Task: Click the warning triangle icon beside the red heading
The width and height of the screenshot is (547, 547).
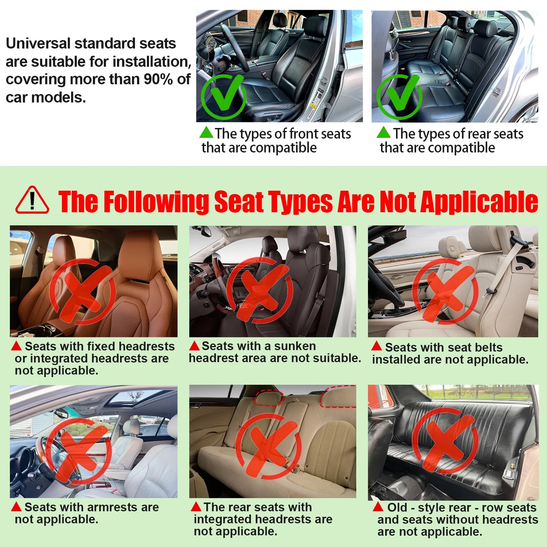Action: pyautogui.click(x=32, y=201)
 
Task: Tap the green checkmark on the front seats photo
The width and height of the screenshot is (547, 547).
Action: pyautogui.click(x=224, y=97)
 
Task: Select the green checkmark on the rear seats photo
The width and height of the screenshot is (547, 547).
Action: pyautogui.click(x=400, y=97)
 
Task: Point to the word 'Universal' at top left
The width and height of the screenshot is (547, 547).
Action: pyautogui.click(x=38, y=44)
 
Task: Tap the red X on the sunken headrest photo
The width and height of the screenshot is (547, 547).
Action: pyautogui.click(x=260, y=290)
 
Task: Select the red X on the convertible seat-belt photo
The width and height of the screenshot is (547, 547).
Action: pyautogui.click(x=445, y=291)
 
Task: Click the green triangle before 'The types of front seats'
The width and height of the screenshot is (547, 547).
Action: pyautogui.click(x=206, y=132)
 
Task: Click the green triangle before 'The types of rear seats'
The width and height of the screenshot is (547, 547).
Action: pyautogui.click(x=383, y=132)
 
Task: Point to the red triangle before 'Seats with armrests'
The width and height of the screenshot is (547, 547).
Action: pyautogui.click(x=16, y=506)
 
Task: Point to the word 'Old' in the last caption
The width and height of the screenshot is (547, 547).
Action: pyautogui.click(x=397, y=507)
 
